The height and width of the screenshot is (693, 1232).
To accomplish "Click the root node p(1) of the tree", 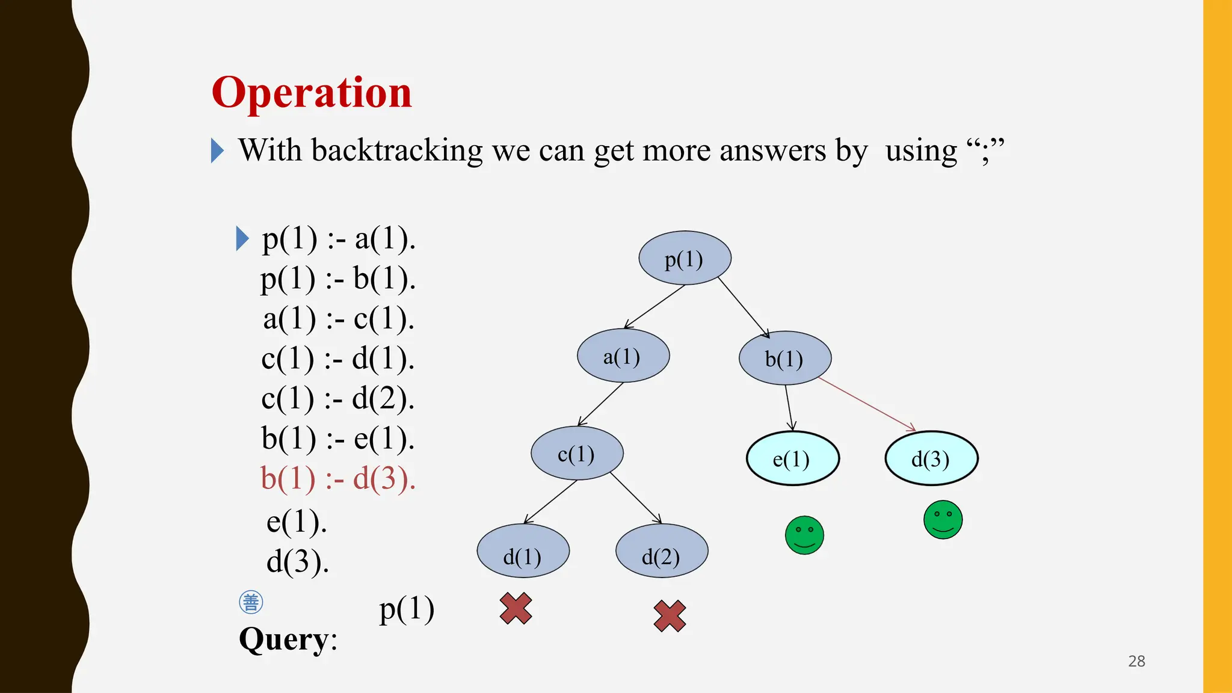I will click(x=685, y=259).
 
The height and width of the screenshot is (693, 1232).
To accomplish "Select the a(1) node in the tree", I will click(x=623, y=356).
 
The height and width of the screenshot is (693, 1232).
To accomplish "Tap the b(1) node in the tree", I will click(x=785, y=359).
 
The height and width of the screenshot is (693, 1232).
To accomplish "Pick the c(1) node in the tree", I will click(x=577, y=454).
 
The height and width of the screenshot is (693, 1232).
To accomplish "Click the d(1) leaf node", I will click(x=523, y=551).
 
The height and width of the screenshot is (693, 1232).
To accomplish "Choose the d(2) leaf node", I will click(x=662, y=551).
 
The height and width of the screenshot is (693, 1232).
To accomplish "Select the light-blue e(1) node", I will click(x=792, y=459).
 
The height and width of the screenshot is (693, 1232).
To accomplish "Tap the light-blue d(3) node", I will click(x=931, y=459).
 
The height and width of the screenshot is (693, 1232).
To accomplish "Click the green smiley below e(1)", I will click(x=804, y=535).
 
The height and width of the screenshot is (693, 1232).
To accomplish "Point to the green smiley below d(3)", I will click(x=943, y=520).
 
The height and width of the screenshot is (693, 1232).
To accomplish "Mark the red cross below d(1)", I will click(x=516, y=608).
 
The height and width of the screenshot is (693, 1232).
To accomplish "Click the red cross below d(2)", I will click(x=670, y=616).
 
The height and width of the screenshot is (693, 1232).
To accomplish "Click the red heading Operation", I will click(x=312, y=93).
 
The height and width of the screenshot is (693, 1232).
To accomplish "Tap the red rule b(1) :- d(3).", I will click(x=338, y=479).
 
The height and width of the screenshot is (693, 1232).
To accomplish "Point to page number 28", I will click(x=1136, y=661).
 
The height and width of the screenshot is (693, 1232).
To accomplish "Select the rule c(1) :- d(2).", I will click(x=338, y=398).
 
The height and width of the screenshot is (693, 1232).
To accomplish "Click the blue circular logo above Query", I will click(x=251, y=602).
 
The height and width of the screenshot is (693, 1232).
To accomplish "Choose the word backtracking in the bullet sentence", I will click(x=397, y=150).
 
